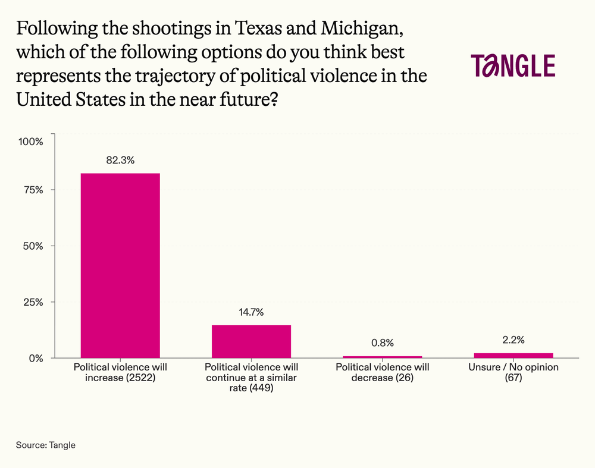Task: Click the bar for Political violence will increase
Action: [120, 265]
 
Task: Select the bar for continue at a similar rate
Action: [251, 341]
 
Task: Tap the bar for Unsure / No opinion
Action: [513, 355]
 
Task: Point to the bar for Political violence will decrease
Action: [383, 357]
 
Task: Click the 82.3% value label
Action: [120, 161]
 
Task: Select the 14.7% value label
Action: [251, 312]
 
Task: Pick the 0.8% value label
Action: [382, 343]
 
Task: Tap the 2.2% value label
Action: [513, 340]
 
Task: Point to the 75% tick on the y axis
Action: [33, 190]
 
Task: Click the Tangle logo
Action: [513, 65]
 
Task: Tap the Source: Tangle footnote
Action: [46, 445]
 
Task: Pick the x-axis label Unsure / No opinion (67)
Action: [513, 372]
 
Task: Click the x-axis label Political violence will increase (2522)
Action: [120, 372]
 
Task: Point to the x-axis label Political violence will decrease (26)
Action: [383, 372]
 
